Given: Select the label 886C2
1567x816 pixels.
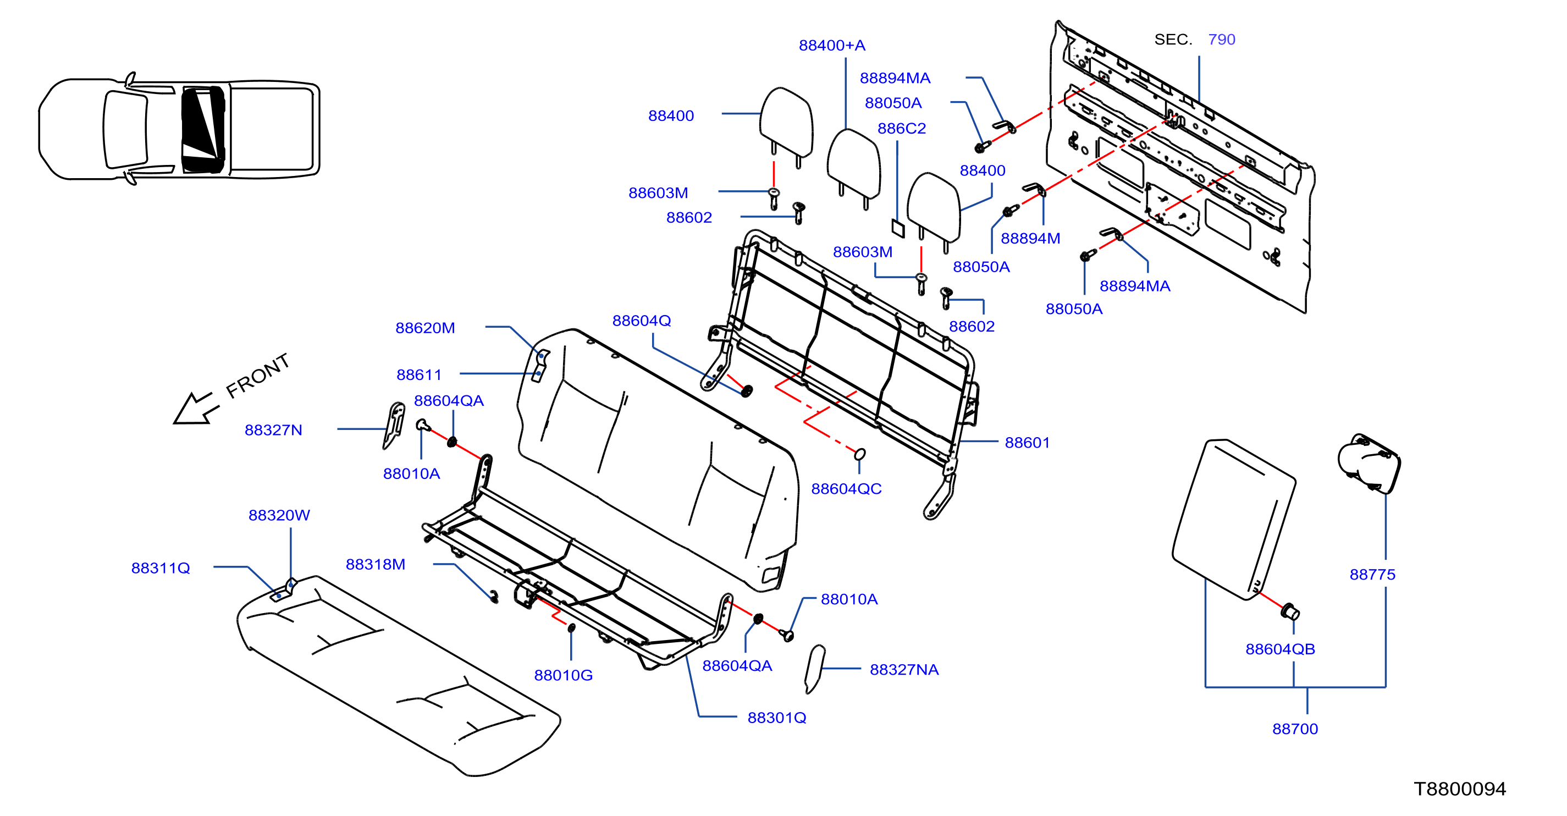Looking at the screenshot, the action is (x=902, y=129).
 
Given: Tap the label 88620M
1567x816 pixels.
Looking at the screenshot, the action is (x=425, y=328).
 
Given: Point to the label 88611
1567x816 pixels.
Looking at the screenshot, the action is (x=418, y=375).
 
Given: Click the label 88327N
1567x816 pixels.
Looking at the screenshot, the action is (x=273, y=430).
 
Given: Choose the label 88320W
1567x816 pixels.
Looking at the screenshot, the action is (x=279, y=515).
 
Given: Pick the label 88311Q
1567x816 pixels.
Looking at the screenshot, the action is (x=161, y=569).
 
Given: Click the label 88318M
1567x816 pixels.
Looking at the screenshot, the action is (x=376, y=565).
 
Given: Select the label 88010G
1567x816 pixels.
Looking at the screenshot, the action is (x=563, y=675).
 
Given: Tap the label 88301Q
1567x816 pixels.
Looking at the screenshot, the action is (x=777, y=718).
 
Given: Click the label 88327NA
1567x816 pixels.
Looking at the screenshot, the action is (x=904, y=670).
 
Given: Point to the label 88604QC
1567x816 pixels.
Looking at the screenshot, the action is (x=846, y=489).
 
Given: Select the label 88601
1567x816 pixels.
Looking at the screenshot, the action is (x=1027, y=443).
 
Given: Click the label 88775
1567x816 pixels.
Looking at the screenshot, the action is (x=1372, y=575).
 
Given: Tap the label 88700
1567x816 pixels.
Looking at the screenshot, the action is (x=1295, y=729).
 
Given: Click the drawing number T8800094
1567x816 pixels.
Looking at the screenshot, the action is (x=1460, y=789).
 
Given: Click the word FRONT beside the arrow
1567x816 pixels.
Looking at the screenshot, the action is (x=258, y=376).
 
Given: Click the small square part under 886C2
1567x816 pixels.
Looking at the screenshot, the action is (x=898, y=228).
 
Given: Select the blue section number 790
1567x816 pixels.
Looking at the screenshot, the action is (x=1222, y=40).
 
